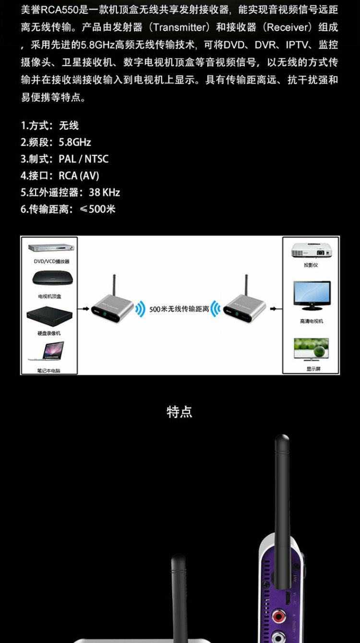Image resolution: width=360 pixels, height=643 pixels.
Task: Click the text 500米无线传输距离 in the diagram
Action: point(179,309)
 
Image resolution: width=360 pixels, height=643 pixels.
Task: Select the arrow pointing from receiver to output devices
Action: point(275,309)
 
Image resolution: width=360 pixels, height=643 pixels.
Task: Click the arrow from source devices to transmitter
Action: point(84,309)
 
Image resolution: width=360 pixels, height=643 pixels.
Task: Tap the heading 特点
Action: point(180,412)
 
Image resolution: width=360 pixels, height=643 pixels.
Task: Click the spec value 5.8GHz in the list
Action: point(74,142)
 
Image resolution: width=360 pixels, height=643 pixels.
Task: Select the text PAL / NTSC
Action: point(84,159)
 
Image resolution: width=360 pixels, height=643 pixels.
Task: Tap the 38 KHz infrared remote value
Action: point(104,193)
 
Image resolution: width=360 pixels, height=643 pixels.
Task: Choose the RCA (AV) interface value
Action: point(79,176)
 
